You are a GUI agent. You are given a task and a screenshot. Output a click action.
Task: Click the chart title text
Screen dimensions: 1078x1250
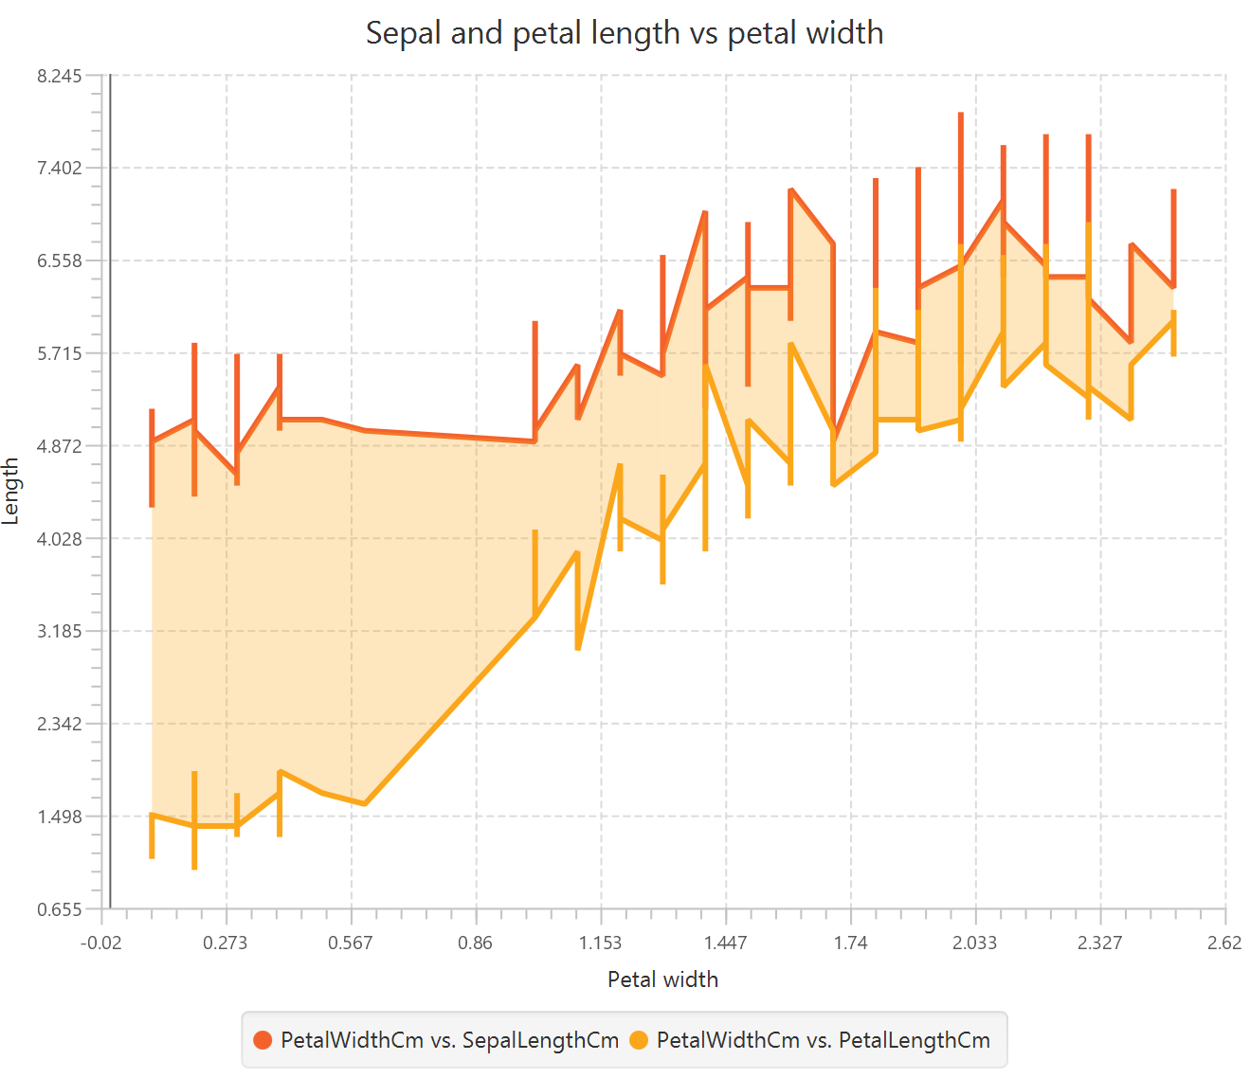[625, 33]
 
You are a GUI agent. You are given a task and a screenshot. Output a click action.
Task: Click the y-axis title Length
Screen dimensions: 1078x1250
[11, 491]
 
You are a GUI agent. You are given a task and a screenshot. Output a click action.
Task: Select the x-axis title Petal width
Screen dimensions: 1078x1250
[662, 979]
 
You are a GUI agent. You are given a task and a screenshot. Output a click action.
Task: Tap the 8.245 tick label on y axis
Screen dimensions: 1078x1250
[60, 77]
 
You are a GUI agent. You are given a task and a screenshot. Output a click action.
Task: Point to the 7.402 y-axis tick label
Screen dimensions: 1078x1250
[60, 169]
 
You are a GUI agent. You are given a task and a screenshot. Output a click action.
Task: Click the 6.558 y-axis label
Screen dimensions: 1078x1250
[60, 261]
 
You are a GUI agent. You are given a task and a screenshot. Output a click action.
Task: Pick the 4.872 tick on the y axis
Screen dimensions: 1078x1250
[60, 446]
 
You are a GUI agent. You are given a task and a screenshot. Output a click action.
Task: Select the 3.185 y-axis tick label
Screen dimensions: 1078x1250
[60, 632]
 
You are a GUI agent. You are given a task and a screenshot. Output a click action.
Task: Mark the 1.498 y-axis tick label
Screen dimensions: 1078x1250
[60, 817]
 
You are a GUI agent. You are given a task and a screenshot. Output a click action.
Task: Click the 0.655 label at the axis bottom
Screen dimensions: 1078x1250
[60, 909]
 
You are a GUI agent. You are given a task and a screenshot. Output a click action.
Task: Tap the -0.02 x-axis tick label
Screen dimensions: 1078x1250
[101, 943]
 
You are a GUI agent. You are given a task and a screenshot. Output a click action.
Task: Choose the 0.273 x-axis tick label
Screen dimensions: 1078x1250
[226, 943]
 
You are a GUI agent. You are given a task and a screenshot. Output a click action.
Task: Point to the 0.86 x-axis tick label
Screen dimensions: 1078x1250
[476, 943]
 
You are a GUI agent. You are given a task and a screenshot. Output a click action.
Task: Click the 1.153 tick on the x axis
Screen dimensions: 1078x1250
[601, 943]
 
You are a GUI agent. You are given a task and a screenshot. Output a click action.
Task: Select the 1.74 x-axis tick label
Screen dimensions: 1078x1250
[850, 943]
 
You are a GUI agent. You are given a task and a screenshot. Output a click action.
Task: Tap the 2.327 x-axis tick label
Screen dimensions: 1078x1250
[1100, 943]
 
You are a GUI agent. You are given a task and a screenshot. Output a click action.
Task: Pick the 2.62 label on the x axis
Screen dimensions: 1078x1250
[1224, 943]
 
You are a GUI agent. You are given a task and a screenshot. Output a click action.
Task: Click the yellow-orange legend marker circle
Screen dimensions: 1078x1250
[640, 1040]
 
